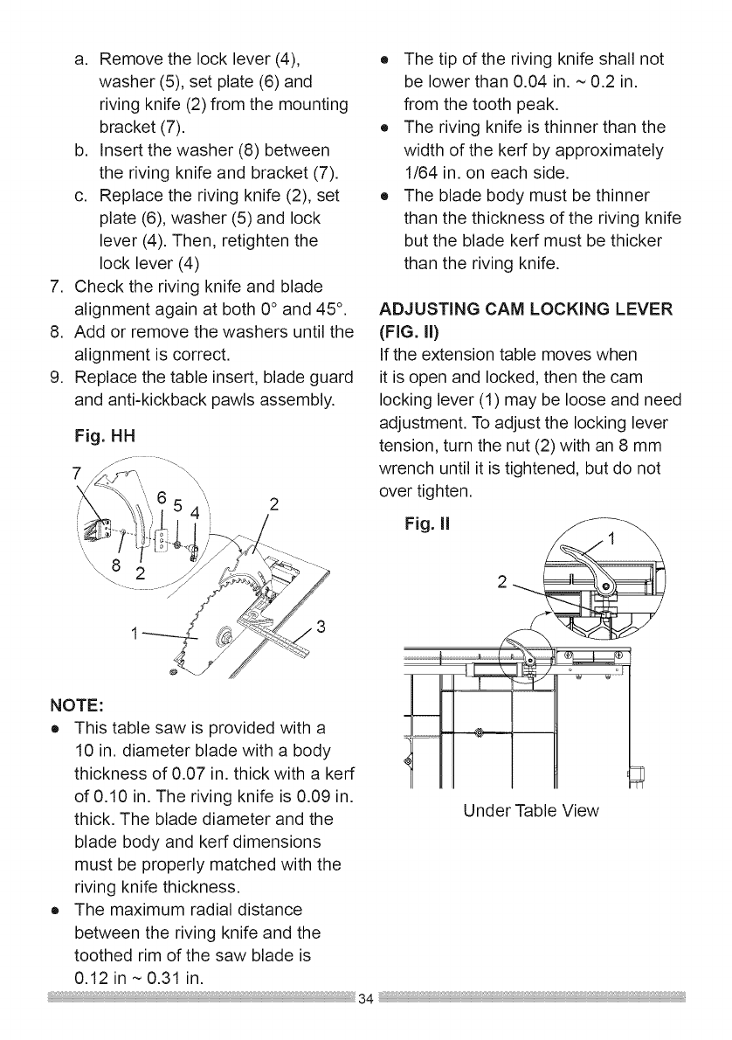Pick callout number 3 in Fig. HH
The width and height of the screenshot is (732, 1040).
321,627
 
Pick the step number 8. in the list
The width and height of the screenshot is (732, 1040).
56,332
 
